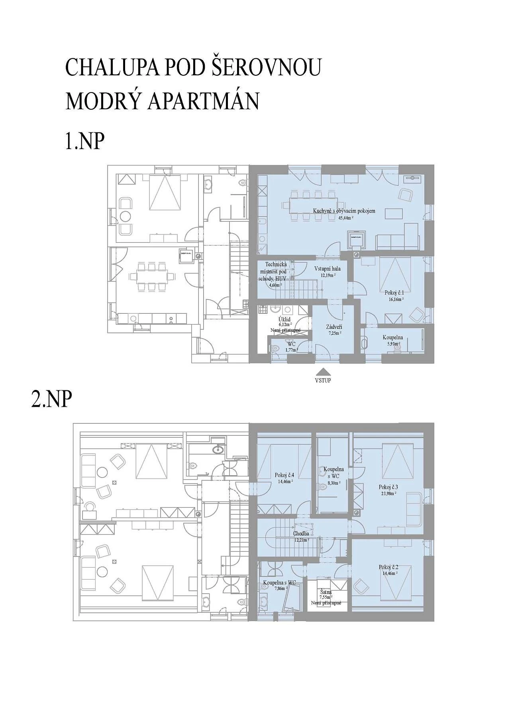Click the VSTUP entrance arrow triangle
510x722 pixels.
click(x=323, y=372)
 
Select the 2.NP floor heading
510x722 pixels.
click(x=51, y=399)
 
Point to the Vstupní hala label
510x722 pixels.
click(x=328, y=269)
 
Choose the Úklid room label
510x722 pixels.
click(x=284, y=319)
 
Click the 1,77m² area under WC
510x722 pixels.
click(x=292, y=350)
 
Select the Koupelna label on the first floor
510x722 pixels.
click(x=392, y=337)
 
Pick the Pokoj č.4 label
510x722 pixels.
click(x=284, y=475)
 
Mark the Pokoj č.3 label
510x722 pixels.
click(x=388, y=487)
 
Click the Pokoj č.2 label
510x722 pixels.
click(x=388, y=567)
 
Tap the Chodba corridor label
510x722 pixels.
click(x=301, y=534)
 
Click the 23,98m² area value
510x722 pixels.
click(x=388, y=493)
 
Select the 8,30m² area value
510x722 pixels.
click(x=333, y=483)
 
